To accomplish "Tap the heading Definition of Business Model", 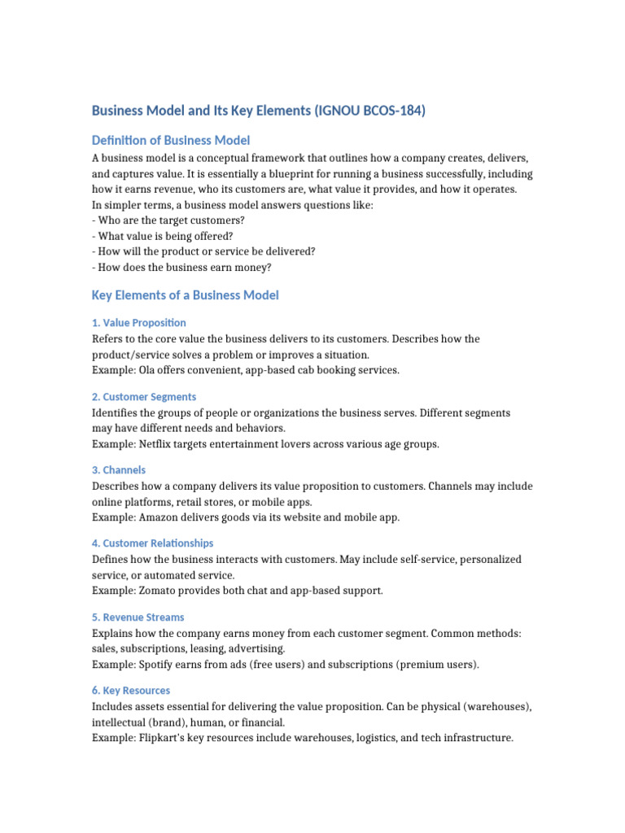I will coord(171,140).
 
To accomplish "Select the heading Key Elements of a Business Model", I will coord(185,294).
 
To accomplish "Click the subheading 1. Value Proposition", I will coord(138,322).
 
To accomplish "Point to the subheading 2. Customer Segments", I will coord(143,396).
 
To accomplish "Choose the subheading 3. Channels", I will coord(119,469).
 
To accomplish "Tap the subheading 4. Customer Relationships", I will coord(152,543).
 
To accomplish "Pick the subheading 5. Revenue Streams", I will coord(138,617).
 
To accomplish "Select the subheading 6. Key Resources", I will coord(130,690).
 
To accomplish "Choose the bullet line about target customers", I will coord(168,220).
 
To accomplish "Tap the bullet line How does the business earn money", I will coord(182,268).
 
